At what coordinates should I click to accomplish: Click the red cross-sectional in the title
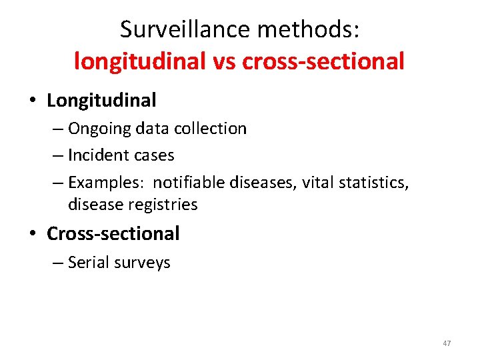[324, 61]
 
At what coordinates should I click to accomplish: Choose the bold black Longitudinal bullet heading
[101, 101]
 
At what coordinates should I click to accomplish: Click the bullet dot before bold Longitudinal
[33, 101]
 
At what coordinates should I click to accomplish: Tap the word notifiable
[192, 182]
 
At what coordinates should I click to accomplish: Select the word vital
[315, 182]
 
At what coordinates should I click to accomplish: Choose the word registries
[163, 205]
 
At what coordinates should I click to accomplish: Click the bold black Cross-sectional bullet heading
[113, 234]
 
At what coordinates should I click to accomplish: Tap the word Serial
[89, 263]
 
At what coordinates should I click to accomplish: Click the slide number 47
[446, 343]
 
